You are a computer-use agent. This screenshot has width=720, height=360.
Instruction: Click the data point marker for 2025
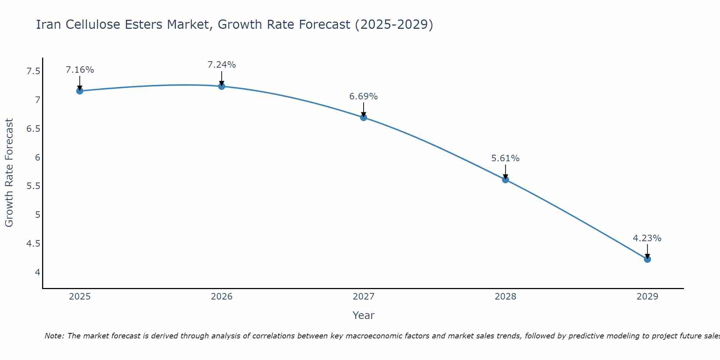(80, 91)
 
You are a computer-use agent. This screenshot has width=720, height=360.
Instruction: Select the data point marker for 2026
(222, 86)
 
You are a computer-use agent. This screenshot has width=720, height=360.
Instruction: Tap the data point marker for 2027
(364, 117)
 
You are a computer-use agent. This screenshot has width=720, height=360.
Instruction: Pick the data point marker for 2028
(505, 180)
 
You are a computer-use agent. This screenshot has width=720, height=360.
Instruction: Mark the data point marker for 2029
(647, 259)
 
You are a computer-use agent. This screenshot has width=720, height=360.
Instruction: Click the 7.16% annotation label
(80, 70)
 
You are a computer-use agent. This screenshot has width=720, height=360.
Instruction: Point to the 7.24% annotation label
(222, 65)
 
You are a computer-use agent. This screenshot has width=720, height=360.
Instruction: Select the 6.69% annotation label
(364, 96)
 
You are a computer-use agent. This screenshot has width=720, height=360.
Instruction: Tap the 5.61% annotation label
(505, 158)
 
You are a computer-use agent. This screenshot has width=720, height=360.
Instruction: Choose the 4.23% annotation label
(647, 238)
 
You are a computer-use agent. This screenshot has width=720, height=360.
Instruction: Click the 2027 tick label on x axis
(364, 297)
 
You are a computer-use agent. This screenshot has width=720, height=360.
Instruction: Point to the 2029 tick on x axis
(647, 297)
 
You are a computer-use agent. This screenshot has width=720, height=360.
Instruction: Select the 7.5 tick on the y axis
(33, 71)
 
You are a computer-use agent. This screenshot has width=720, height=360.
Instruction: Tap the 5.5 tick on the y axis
(33, 186)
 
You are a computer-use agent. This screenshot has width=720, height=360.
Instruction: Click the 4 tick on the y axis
(38, 272)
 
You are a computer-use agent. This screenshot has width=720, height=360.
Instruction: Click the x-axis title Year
(364, 315)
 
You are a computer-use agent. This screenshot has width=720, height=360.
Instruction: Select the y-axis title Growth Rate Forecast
(9, 173)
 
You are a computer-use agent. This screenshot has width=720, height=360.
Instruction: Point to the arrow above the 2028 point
(505, 172)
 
